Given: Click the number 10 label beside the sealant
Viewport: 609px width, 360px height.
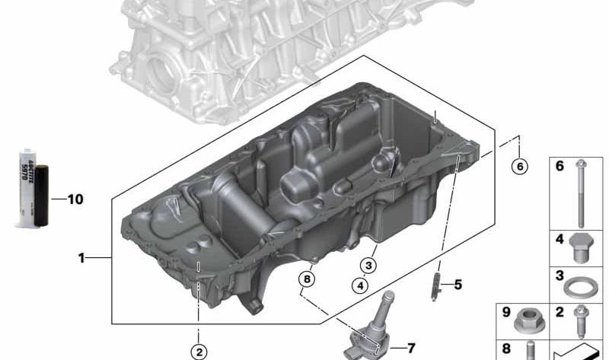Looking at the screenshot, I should (75, 200).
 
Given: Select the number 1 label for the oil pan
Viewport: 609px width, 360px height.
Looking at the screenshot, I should (81, 258).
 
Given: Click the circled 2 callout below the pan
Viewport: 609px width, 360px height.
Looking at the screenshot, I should (199, 351).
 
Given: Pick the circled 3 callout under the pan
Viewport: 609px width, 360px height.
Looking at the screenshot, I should (368, 266).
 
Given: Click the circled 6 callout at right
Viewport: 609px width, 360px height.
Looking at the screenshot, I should (519, 167).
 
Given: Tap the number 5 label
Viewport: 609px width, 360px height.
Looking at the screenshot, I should (458, 285).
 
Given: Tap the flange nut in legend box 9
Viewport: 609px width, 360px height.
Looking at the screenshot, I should (527, 322).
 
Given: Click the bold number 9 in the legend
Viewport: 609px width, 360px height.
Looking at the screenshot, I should (505, 311).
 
